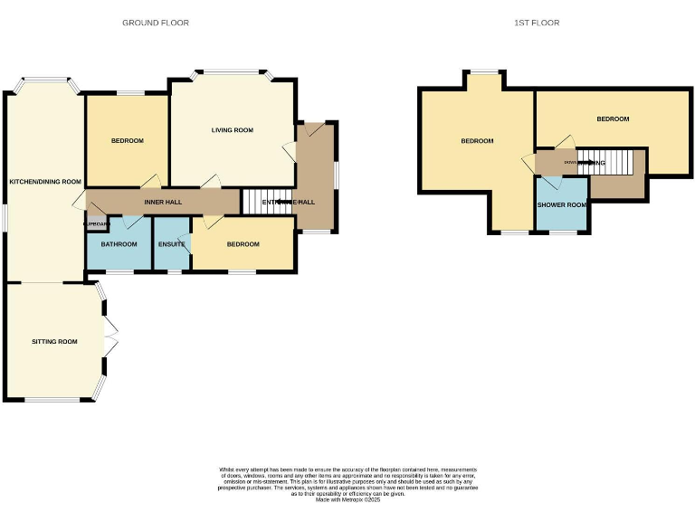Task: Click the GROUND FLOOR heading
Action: click(156, 23)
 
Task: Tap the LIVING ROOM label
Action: click(232, 130)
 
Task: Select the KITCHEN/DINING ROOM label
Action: click(45, 182)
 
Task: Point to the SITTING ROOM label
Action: click(54, 342)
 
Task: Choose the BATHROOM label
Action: click(119, 244)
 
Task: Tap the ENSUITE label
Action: click(171, 244)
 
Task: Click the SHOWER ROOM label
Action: click(562, 205)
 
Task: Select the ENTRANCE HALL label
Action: click(289, 202)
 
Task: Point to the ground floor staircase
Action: click(257, 202)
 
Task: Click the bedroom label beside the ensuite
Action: click(243, 244)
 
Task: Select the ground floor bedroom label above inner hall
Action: click(128, 140)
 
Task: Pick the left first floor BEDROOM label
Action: click(477, 141)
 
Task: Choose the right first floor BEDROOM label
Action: click(613, 118)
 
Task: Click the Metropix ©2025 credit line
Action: click(347, 499)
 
